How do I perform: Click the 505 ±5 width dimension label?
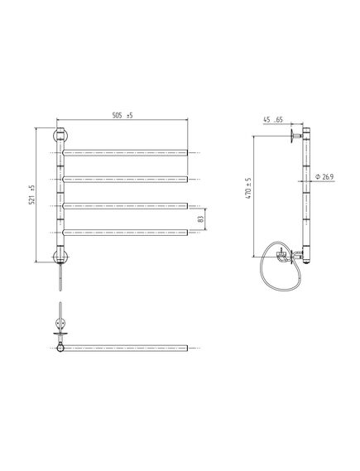tap(122, 115)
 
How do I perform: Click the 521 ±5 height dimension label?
tap(31, 195)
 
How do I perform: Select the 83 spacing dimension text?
tap(201, 219)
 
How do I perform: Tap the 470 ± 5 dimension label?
tap(248, 189)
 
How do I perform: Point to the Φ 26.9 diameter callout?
tap(324, 176)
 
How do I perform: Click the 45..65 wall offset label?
tap(273, 119)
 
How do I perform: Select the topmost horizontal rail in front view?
tap(125, 153)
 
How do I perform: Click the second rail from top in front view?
tap(125, 180)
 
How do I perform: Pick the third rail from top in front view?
tap(125, 206)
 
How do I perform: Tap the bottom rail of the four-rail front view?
tap(125, 233)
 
